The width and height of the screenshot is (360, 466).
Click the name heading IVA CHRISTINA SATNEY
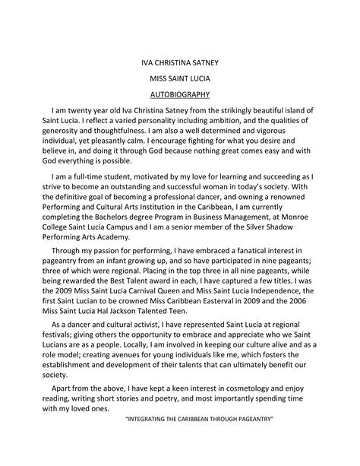pos(179,60)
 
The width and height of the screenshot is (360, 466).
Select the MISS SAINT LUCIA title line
pos(179,78)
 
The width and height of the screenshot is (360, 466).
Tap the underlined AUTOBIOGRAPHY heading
pos(179,95)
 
